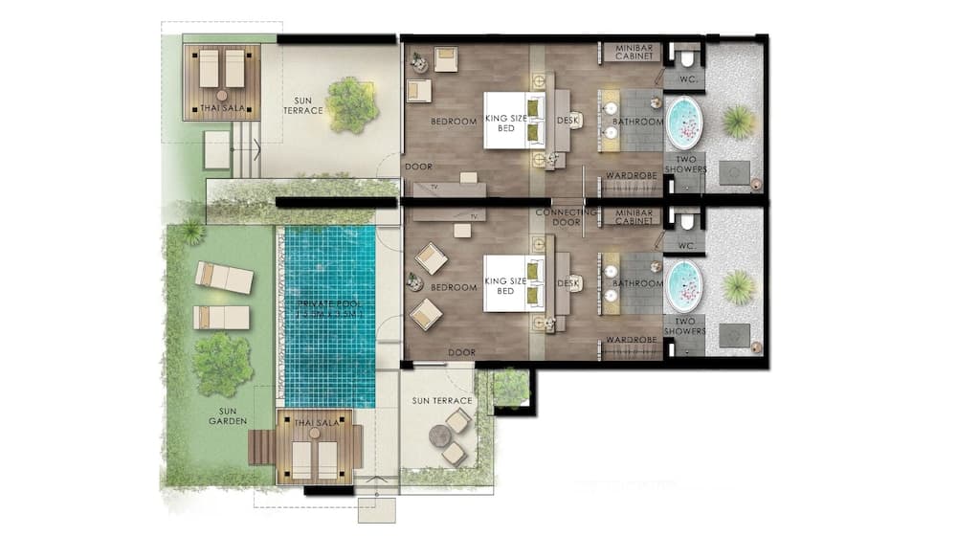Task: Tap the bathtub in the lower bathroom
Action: pyautogui.click(x=684, y=284)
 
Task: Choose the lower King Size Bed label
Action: pyautogui.click(x=505, y=285)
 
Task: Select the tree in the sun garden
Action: pyautogui.click(x=222, y=364)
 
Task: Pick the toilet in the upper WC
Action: pyautogui.click(x=685, y=53)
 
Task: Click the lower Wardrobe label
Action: pyautogui.click(x=630, y=340)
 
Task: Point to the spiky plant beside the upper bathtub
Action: pyautogui.click(x=738, y=122)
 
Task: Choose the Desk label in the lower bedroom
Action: pyautogui.click(x=568, y=284)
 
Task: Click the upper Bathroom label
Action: pyautogui.click(x=637, y=123)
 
